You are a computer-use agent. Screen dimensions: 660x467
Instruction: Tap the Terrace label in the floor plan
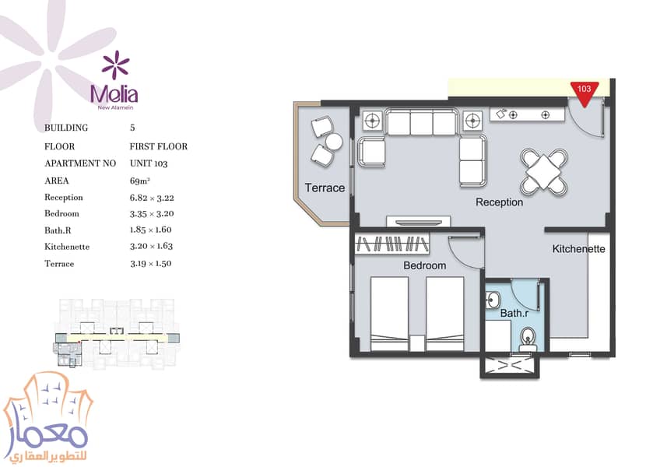click(x=325, y=188)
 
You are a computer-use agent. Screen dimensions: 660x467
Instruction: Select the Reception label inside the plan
click(x=499, y=202)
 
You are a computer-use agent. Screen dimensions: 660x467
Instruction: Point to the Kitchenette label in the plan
click(x=578, y=249)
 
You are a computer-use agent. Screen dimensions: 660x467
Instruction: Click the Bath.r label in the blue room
click(x=514, y=314)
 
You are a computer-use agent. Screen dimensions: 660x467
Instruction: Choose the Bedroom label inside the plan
click(x=424, y=265)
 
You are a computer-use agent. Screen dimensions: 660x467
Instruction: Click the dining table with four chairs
click(x=544, y=171)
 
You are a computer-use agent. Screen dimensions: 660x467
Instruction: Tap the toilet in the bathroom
click(x=528, y=339)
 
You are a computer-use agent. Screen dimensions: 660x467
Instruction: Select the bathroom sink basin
click(x=493, y=300)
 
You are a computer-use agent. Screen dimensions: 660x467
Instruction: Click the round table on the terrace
click(x=334, y=141)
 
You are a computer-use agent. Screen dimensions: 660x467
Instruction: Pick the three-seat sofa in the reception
click(x=421, y=122)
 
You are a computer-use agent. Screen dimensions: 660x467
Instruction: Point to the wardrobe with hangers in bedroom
click(x=391, y=244)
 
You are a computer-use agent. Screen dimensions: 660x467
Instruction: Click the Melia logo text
click(x=114, y=95)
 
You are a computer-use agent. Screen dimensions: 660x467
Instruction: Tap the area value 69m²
click(x=140, y=181)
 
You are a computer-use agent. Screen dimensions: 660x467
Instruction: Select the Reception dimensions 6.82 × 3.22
click(x=152, y=198)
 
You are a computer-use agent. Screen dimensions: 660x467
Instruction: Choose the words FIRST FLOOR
click(x=158, y=146)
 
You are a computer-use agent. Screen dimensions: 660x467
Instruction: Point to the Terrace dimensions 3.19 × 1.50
click(x=150, y=264)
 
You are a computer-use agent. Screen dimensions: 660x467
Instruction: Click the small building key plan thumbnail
click(x=117, y=335)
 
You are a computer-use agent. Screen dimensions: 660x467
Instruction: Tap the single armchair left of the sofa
click(x=371, y=152)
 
